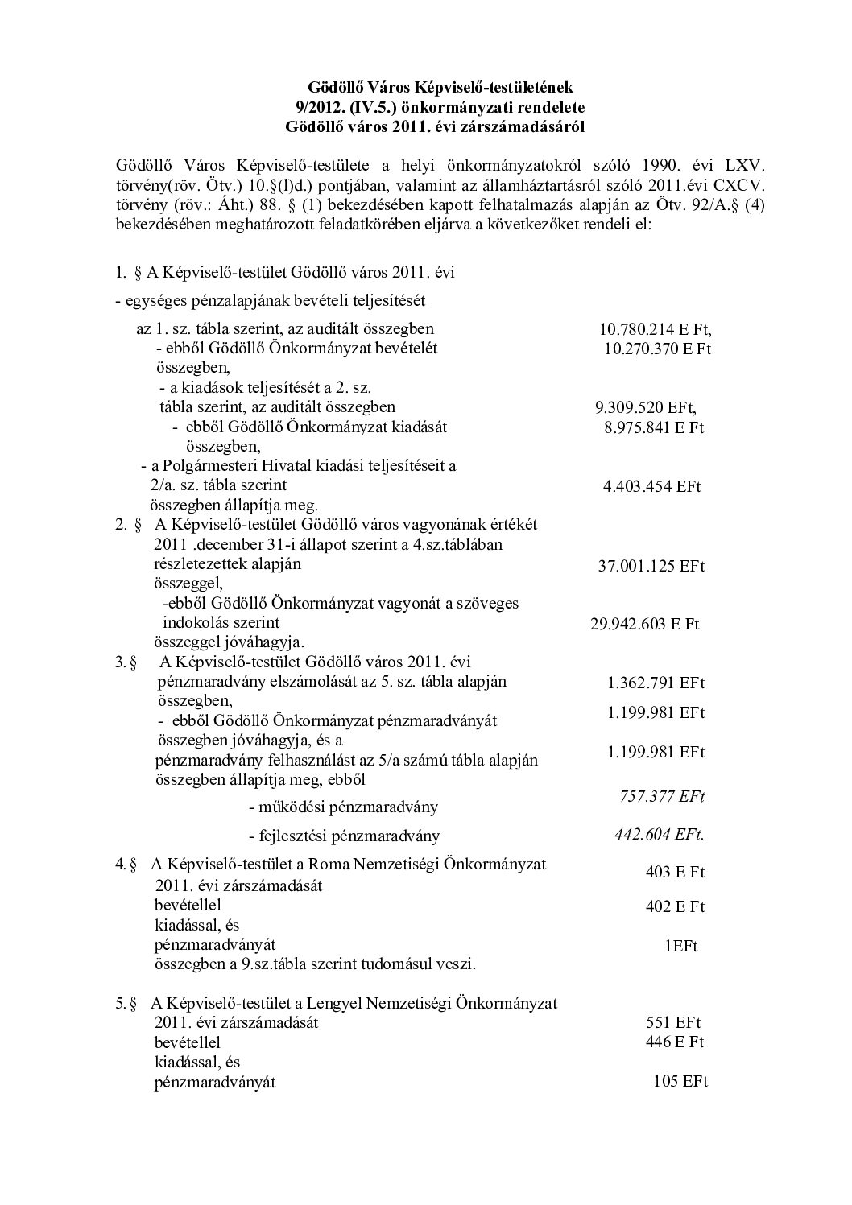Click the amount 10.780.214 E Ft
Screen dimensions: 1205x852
656,329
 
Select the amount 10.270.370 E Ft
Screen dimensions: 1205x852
658,349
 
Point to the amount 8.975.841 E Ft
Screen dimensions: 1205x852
654,427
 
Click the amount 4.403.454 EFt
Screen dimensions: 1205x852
651,486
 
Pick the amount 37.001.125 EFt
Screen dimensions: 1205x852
651,566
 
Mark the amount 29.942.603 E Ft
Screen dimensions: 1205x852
644,624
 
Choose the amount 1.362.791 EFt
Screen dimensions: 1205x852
656,683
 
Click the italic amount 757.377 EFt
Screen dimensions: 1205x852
662,796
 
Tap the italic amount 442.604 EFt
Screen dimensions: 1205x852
659,834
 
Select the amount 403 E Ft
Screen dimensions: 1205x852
675,872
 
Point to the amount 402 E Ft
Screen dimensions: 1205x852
675,907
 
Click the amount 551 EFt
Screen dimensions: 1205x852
673,1023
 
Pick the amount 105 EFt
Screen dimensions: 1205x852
680,1082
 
